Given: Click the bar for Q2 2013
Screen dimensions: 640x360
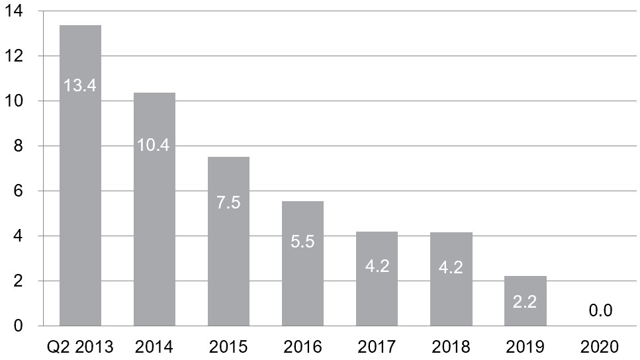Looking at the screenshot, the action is point(80,175).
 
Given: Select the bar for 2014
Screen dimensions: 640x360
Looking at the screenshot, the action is point(155,209).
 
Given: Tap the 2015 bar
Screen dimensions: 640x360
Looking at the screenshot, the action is point(228,242).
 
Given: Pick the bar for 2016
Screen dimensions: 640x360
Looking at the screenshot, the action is point(303,263).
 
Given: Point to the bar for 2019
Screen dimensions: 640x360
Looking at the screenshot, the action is point(526,301).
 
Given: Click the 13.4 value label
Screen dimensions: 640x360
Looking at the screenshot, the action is point(79,85).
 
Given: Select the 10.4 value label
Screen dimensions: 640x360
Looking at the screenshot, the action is point(153,145).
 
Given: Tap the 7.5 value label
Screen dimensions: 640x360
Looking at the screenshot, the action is point(228,202).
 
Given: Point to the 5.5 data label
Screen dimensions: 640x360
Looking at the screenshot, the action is point(303,242).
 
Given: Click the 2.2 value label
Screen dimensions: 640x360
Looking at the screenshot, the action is point(525,302).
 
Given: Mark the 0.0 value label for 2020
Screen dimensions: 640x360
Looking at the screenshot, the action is point(600,310).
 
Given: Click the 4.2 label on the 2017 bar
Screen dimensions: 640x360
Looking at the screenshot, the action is point(377,266).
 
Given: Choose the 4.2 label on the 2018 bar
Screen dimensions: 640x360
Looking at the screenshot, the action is point(451,267).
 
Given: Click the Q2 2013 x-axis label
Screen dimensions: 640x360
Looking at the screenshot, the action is point(80,347).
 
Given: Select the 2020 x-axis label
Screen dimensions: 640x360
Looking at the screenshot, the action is point(600,347).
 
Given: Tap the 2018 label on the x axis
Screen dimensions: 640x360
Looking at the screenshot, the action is point(451,347).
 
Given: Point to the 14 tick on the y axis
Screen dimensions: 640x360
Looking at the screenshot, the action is point(13,11).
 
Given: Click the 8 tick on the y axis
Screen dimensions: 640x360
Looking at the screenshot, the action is point(18,146).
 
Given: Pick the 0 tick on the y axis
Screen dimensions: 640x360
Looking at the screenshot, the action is point(18,326).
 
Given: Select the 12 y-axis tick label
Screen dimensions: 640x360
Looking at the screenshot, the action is point(13,56).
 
